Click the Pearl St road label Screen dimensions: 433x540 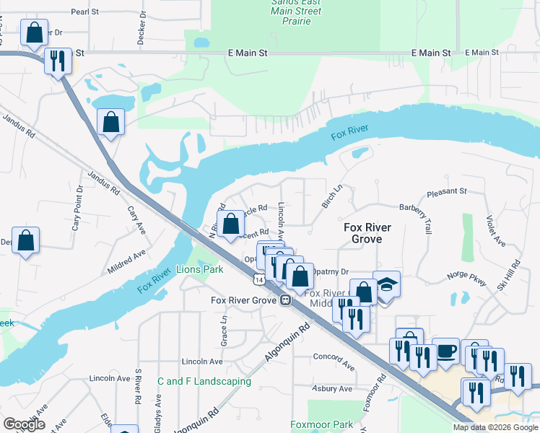tap(84, 12)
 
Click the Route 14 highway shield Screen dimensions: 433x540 tap(258, 279)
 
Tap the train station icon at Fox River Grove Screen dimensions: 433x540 tap(287, 300)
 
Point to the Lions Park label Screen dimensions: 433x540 tap(200, 269)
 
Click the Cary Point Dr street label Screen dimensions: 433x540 tap(77, 208)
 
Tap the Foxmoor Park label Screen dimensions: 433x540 tap(322, 424)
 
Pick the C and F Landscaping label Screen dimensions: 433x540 tap(204, 381)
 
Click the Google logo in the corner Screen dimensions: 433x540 tap(24, 424)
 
